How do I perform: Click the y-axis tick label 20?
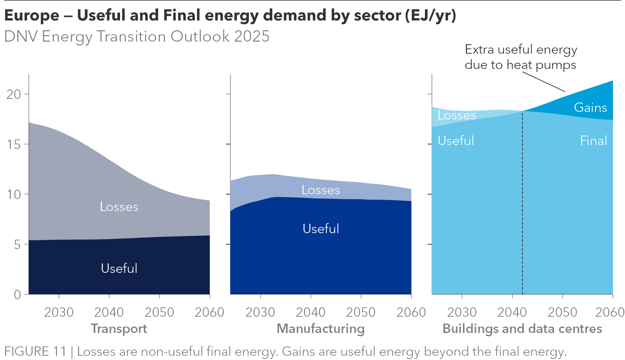click(x=13, y=94)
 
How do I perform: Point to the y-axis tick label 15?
click(x=13, y=144)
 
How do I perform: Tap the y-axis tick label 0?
click(x=17, y=295)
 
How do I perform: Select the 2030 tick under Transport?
click(x=59, y=312)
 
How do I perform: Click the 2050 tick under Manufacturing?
click(x=360, y=312)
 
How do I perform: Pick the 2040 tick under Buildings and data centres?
click(x=512, y=312)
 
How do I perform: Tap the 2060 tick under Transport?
click(x=209, y=312)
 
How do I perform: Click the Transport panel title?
click(x=119, y=328)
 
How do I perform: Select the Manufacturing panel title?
click(x=320, y=328)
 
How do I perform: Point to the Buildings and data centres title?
click(x=522, y=328)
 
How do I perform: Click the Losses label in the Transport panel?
click(x=119, y=207)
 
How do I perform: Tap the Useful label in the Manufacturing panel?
click(x=321, y=229)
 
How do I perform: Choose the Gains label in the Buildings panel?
click(x=590, y=107)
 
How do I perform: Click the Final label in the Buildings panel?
click(x=593, y=140)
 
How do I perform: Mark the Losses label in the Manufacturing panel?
click(x=321, y=190)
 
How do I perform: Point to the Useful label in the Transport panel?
click(x=119, y=268)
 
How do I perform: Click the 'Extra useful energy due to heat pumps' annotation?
click(x=521, y=57)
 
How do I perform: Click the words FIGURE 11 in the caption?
click(x=35, y=352)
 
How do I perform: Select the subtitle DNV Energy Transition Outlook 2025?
click(x=137, y=36)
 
